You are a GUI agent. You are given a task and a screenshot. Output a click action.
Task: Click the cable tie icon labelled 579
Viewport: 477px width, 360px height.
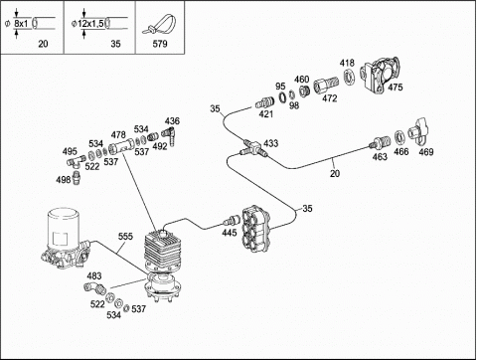pos(160,25)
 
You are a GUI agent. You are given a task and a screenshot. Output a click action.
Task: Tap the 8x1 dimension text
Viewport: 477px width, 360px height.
pos(21,24)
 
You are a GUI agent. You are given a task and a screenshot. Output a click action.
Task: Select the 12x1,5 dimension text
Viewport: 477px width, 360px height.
pos(91,24)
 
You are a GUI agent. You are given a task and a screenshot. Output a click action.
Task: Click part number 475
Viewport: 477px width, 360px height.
pos(396,88)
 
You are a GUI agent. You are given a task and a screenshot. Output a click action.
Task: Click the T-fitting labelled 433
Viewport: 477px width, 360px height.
pos(253,148)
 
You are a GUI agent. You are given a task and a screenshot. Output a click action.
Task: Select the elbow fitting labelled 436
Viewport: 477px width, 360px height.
pos(170,135)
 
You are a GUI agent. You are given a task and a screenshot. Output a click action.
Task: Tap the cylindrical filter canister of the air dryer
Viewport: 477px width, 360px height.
pos(63,228)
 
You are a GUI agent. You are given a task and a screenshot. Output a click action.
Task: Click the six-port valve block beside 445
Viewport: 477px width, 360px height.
pos(256,229)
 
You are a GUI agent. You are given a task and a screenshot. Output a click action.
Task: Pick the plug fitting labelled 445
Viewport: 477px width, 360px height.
pos(232,221)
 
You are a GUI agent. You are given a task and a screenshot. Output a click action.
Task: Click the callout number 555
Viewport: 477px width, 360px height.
pos(125,237)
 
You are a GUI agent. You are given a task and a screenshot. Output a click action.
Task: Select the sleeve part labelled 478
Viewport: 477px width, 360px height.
pos(122,146)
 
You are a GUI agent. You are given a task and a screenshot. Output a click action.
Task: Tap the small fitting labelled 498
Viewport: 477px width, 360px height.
pos(77,178)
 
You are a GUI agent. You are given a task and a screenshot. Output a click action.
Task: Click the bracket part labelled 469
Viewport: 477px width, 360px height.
pos(418,132)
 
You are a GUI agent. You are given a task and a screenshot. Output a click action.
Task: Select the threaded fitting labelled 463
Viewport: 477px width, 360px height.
pos(380,143)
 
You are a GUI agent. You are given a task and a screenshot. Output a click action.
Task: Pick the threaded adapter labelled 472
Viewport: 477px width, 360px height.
pos(326,86)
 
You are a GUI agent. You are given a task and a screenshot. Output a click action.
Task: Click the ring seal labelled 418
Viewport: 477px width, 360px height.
pos(349,78)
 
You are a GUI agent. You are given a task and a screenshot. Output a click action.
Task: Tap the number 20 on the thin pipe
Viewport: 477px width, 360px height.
pos(335,173)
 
